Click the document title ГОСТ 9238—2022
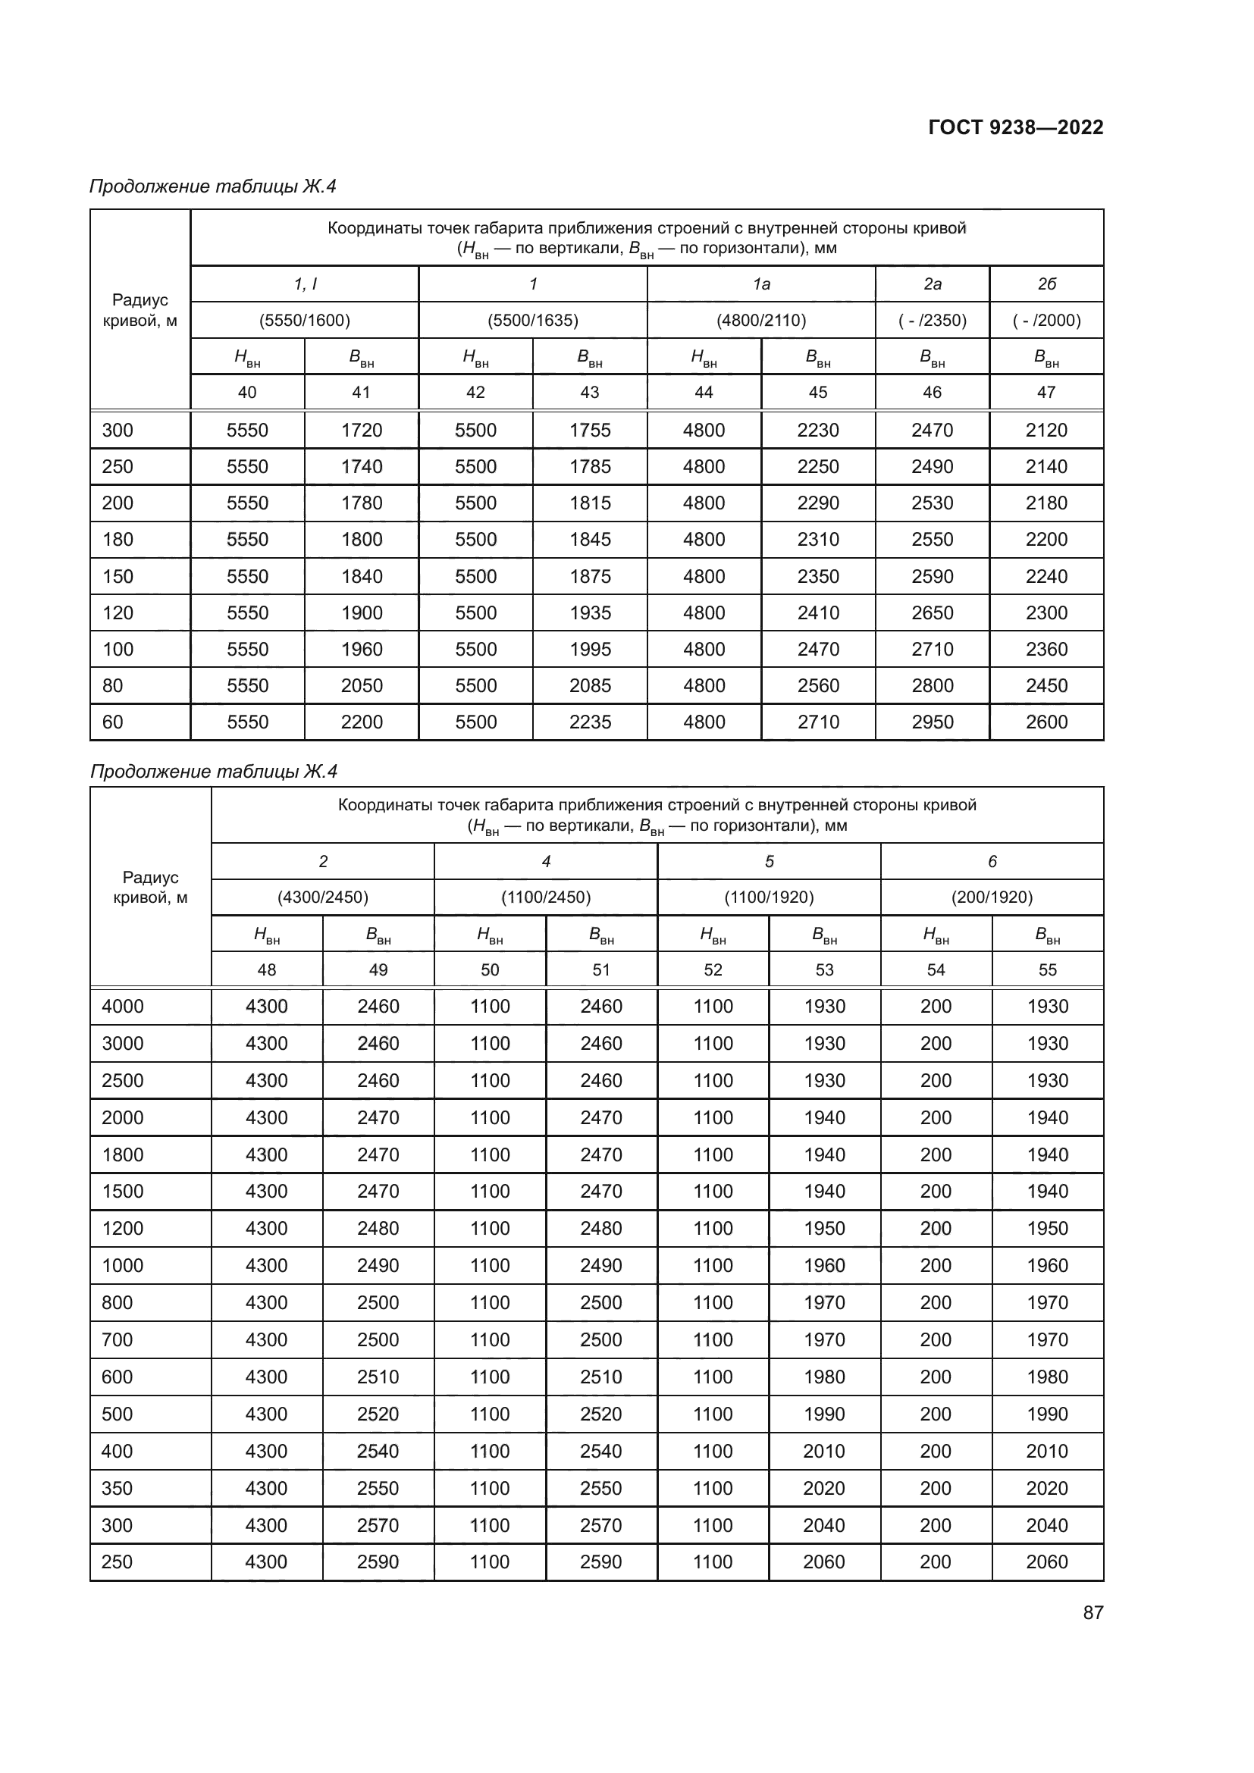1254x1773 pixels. [x=1015, y=127]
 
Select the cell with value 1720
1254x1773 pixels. [x=362, y=430]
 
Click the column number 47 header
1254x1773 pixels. [x=1046, y=393]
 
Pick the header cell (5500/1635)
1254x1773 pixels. [x=533, y=321]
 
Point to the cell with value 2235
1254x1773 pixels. [x=590, y=722]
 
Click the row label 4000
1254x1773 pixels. [x=123, y=1007]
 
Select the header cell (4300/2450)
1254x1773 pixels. [x=323, y=897]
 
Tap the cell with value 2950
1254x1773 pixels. [x=932, y=722]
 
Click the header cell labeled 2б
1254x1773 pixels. [x=1046, y=284]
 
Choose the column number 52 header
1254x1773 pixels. [x=713, y=970]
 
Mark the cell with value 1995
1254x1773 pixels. [x=590, y=650]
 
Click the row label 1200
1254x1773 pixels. [x=123, y=1229]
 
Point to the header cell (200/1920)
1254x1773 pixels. [x=992, y=897]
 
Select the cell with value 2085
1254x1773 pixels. [x=590, y=686]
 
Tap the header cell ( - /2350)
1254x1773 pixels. [x=932, y=321]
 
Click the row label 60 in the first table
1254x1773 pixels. [x=113, y=722]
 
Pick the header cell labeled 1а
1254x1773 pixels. [x=761, y=284]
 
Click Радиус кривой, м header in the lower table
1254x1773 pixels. [x=151, y=888]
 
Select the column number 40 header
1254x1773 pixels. [x=247, y=393]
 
